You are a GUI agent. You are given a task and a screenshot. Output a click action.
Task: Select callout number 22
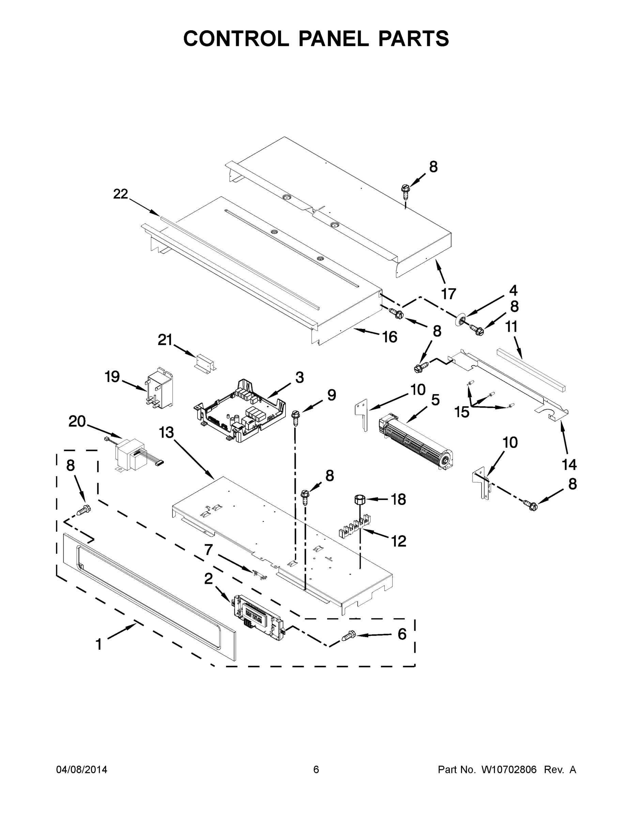coord(121,194)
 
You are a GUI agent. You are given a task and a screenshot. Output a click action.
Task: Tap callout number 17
coord(449,294)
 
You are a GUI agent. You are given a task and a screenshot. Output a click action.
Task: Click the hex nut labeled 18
coord(359,500)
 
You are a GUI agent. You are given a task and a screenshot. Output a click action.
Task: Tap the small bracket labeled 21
coord(205,363)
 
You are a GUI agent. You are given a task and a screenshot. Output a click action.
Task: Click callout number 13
coord(166,432)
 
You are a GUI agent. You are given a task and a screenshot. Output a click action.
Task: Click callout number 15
coord(462,412)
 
